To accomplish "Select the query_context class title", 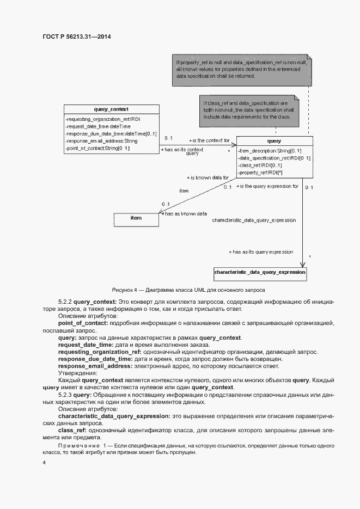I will (x=111, y=109).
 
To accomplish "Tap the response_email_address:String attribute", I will (x=101, y=141).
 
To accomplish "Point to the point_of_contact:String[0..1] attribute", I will (x=97, y=148).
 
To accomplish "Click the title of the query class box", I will (x=274, y=141).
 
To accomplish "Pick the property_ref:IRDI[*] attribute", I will (x=260, y=173).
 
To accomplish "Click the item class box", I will (x=136, y=218).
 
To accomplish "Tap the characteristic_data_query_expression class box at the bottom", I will (x=260, y=272).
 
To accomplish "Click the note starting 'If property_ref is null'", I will (x=240, y=70).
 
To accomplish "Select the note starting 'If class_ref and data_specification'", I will (x=248, y=111).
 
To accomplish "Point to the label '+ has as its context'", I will (x=182, y=149).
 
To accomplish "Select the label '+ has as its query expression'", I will (x=261, y=252).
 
